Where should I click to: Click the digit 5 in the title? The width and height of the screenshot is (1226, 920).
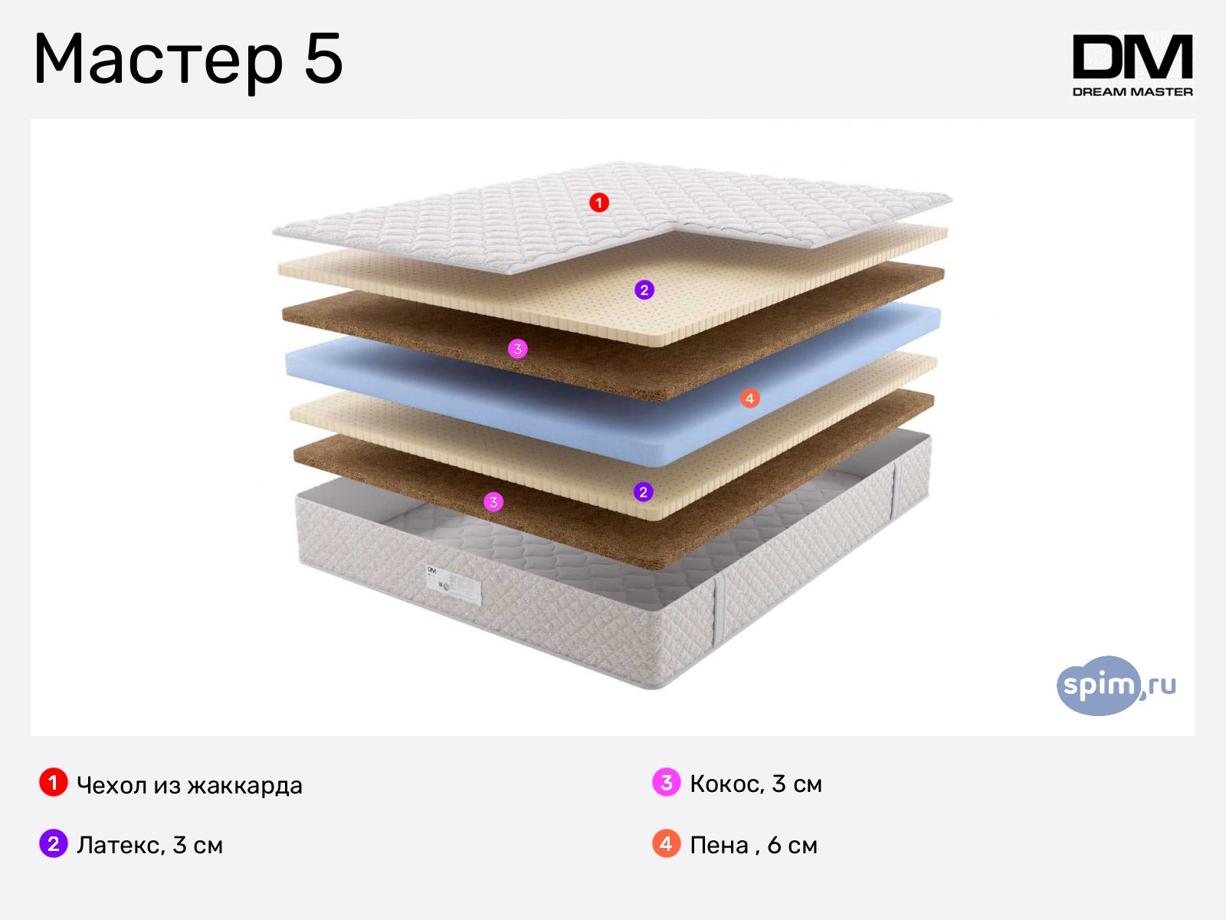click(323, 58)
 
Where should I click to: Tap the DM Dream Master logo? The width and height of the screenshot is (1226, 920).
click(1133, 65)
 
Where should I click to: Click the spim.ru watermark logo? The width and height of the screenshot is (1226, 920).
click(1116, 685)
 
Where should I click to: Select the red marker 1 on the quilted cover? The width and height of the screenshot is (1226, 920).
click(598, 202)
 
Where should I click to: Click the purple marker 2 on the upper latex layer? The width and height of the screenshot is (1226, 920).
click(644, 290)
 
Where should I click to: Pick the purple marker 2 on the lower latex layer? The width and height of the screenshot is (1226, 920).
click(643, 492)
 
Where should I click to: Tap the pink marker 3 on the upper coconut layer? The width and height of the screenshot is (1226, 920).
click(518, 349)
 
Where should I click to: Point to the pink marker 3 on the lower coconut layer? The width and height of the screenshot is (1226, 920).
click(493, 502)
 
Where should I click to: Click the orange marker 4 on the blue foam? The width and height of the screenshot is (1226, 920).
click(749, 398)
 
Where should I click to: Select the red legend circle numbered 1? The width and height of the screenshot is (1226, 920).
click(54, 783)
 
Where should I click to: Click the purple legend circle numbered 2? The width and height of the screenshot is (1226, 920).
click(54, 843)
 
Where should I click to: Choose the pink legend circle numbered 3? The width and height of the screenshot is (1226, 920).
click(667, 783)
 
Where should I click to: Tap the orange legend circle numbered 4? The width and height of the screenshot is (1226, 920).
click(667, 843)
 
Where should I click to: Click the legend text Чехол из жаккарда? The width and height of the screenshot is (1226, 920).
click(189, 785)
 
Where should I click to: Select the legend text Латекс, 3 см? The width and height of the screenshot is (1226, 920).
click(149, 845)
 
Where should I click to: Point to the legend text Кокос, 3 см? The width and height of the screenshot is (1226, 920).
click(756, 784)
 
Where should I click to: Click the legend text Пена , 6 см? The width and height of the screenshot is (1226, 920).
click(753, 845)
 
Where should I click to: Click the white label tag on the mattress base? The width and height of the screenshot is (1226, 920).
click(453, 583)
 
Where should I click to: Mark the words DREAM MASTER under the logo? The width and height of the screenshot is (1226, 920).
click(1133, 91)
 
